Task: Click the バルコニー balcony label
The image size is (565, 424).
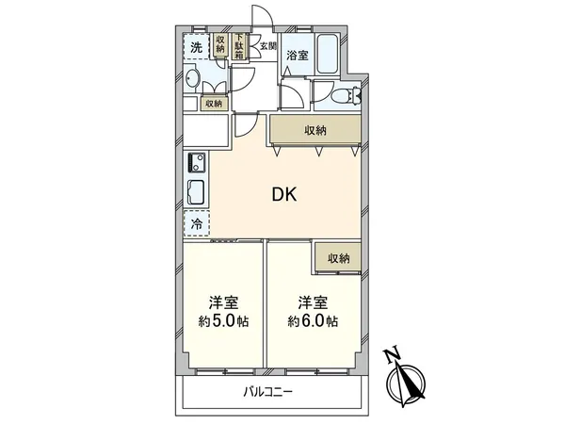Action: click(268, 389)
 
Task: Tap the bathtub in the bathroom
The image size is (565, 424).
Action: click(329, 56)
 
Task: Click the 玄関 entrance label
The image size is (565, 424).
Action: click(268, 45)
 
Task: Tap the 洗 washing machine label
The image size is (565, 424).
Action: click(196, 47)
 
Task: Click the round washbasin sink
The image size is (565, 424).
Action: click(191, 79)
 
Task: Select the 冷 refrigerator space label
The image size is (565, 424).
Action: click(196, 224)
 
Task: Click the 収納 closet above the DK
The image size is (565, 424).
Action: click(315, 129)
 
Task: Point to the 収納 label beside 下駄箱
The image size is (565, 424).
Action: click(219, 44)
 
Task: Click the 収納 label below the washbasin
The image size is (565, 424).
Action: click(213, 104)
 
